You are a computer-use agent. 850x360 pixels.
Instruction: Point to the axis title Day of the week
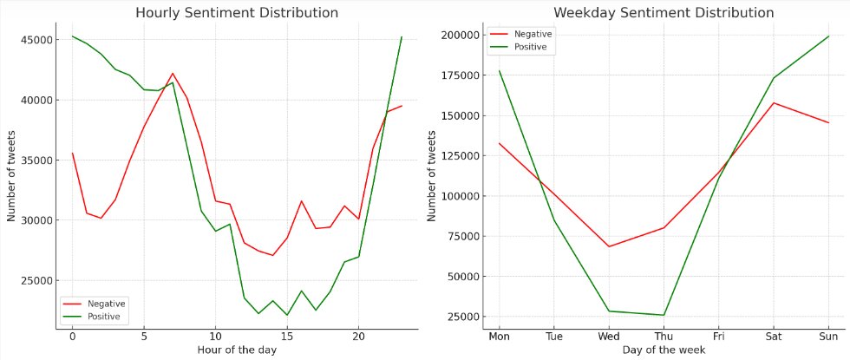(x=663, y=350)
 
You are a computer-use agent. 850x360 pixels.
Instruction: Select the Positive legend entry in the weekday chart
(x=529, y=47)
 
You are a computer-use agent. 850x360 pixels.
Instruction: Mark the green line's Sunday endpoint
(x=828, y=36)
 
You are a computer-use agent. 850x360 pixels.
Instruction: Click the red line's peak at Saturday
(x=774, y=102)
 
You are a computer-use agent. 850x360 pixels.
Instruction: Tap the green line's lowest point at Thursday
(x=664, y=315)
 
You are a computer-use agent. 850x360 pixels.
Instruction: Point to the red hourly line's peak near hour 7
(x=173, y=74)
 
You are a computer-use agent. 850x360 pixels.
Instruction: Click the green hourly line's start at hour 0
(x=73, y=36)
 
